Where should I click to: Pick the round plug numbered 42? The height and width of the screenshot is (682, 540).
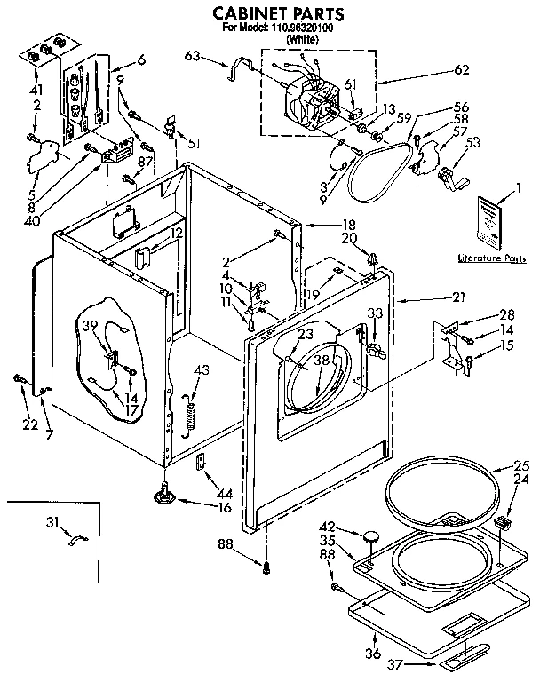369,535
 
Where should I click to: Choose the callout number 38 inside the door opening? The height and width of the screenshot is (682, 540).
321,361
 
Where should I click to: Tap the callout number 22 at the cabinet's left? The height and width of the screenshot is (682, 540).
30,424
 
